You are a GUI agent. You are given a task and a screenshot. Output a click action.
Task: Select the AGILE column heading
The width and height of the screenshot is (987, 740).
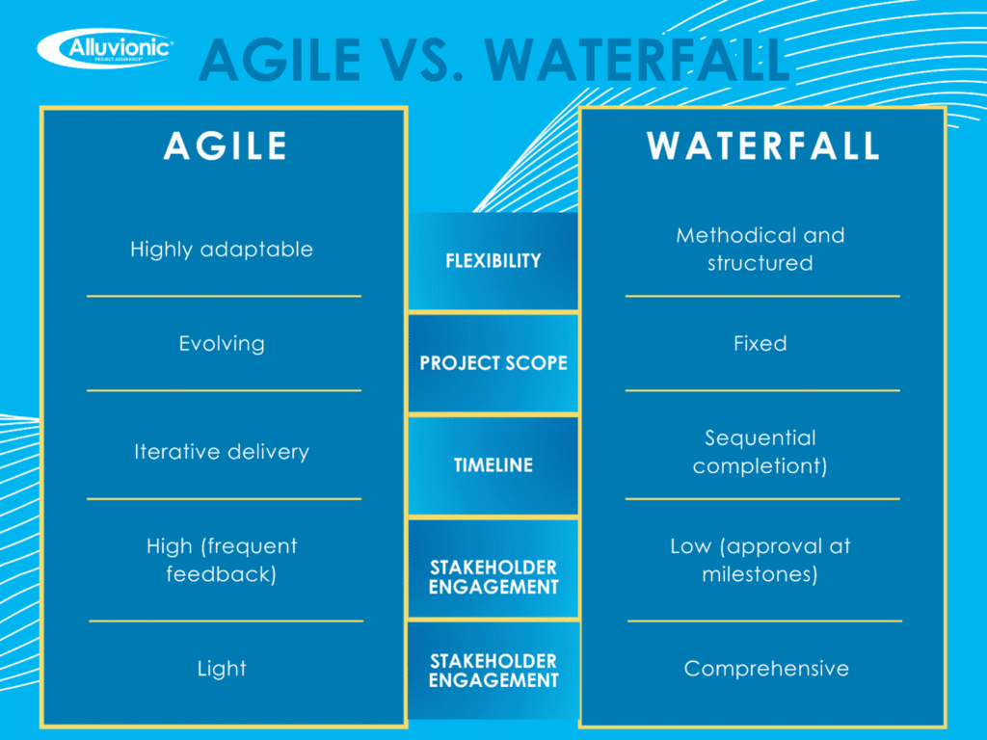[x=225, y=145]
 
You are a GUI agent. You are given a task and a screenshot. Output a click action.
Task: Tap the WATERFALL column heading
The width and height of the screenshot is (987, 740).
[x=762, y=145]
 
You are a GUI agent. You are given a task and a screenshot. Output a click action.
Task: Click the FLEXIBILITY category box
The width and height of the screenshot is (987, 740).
[x=493, y=261]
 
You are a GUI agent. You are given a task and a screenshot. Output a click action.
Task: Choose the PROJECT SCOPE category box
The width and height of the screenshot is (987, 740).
[x=493, y=363]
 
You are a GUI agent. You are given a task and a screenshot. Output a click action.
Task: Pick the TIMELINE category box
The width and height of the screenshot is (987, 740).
[x=493, y=465]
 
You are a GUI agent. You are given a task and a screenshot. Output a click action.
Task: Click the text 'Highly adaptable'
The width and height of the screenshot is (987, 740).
[x=222, y=250]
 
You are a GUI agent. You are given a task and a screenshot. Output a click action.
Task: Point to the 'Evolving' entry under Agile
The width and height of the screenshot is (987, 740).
[x=222, y=344]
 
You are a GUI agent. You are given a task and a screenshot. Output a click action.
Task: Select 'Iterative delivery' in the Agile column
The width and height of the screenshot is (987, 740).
[x=222, y=452]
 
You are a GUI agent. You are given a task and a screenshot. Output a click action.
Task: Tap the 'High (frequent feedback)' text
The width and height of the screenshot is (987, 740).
[x=222, y=561]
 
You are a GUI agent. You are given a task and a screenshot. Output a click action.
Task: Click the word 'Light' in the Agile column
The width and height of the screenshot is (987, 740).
[x=222, y=669]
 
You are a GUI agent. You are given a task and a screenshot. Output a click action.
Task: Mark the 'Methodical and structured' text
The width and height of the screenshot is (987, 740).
[x=760, y=250]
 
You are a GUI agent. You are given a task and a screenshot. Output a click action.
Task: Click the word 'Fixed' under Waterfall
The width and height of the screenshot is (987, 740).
[x=760, y=344]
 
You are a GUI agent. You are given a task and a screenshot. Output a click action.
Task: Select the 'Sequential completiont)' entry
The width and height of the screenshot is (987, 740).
[x=760, y=452]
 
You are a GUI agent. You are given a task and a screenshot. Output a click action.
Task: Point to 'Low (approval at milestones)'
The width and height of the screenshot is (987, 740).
[x=760, y=561]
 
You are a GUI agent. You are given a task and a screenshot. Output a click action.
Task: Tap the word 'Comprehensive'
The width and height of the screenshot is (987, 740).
[x=766, y=669]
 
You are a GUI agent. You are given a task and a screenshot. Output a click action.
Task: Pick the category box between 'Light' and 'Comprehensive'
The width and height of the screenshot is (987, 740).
[x=493, y=671]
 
